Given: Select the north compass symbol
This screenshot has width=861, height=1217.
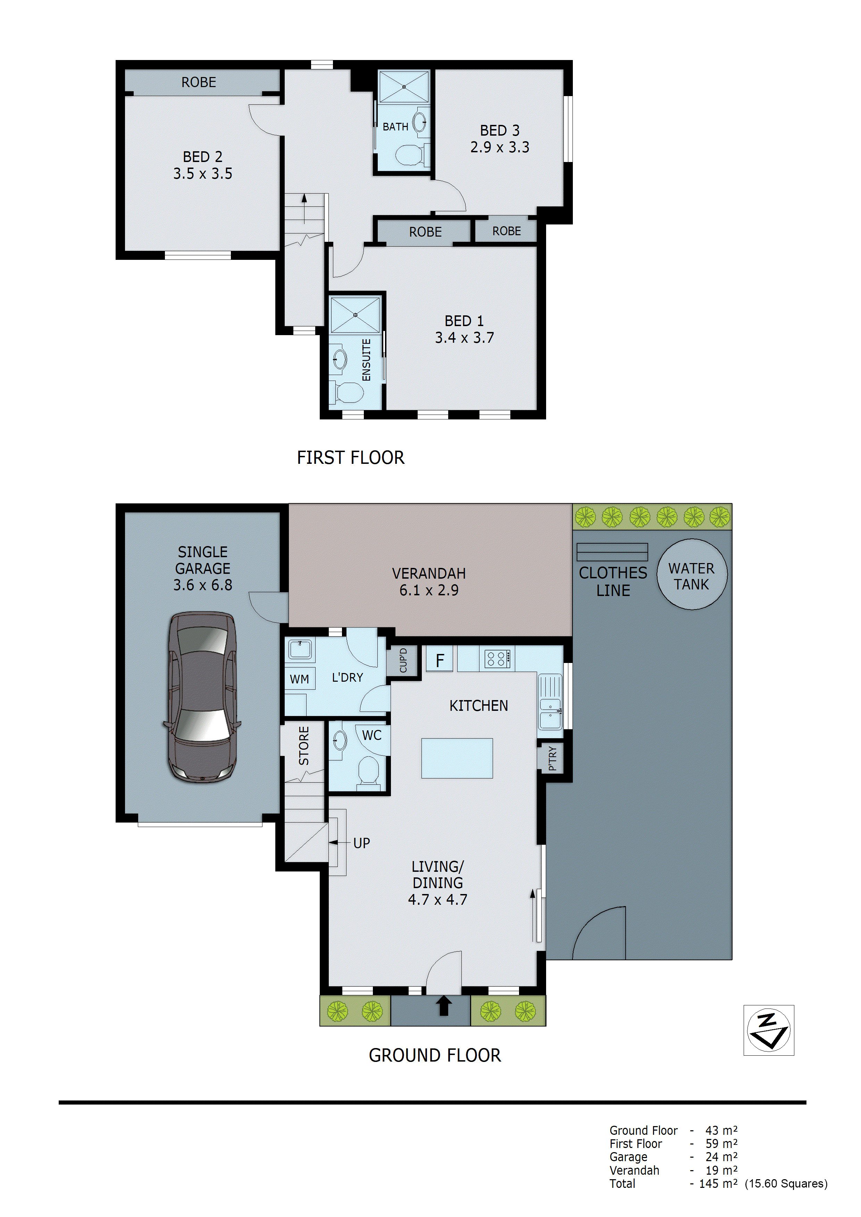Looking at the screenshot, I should (768, 1030).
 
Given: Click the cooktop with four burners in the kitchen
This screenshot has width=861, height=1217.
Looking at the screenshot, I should (497, 659).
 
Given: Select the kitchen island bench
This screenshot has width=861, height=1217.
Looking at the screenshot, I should (457, 758).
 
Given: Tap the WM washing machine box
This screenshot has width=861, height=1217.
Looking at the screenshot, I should (299, 679).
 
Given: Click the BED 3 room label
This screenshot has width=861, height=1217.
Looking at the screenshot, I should (499, 130).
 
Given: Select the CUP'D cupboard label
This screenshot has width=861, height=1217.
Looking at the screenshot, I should (403, 661).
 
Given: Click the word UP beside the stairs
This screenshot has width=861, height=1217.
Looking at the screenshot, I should (361, 843).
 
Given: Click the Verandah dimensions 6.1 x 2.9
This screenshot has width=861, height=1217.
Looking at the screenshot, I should (429, 590).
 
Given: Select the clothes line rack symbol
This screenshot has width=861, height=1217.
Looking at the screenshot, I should (612, 552).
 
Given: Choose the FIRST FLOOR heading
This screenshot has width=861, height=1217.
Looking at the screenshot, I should (350, 458).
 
